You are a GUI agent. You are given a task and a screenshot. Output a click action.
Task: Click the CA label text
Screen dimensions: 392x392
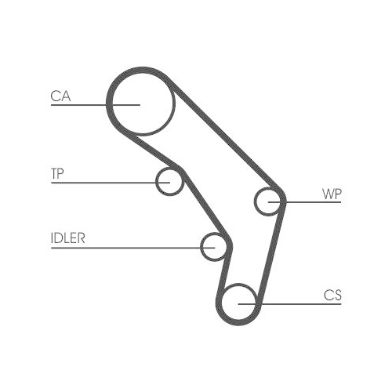pos(60,96)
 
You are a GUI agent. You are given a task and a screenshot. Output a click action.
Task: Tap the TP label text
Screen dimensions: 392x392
pos(57,173)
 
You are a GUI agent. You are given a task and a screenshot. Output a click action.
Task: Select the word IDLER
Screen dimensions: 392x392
pos(68,238)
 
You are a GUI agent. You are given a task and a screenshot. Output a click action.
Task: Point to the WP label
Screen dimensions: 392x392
pos(332,194)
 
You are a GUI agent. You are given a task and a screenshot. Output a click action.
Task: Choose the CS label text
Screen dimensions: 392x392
pos(332,296)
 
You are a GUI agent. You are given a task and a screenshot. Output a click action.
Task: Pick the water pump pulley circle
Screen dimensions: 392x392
pos(255,201)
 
